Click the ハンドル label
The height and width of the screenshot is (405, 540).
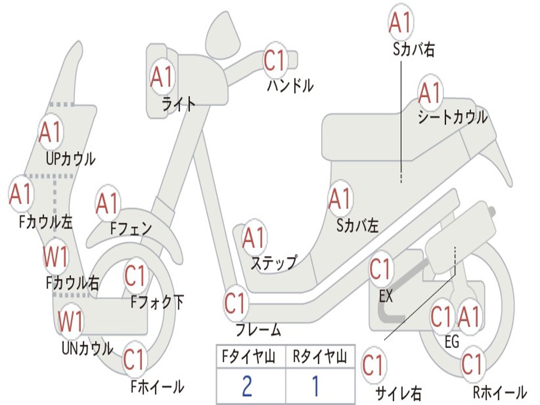(291, 85)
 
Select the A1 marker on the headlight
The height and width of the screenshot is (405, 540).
(162, 76)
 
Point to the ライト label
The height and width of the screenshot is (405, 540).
(179, 104)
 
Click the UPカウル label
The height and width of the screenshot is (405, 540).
(71, 159)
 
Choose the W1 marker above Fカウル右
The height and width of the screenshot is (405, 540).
(55, 257)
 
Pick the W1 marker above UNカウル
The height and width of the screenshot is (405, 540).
(71, 321)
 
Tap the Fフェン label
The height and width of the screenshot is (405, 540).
(131, 228)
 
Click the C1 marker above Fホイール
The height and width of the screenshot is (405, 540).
(134, 360)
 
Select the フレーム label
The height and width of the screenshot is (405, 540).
(258, 330)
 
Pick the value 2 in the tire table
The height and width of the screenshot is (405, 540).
(247, 386)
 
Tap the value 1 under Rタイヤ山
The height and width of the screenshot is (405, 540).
(316, 386)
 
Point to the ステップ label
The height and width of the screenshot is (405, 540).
(274, 264)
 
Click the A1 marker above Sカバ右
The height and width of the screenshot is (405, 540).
(401, 22)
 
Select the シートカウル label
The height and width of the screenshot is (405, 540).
(452, 117)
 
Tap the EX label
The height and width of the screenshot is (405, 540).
(385, 295)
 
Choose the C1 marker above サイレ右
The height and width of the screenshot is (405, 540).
(374, 365)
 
